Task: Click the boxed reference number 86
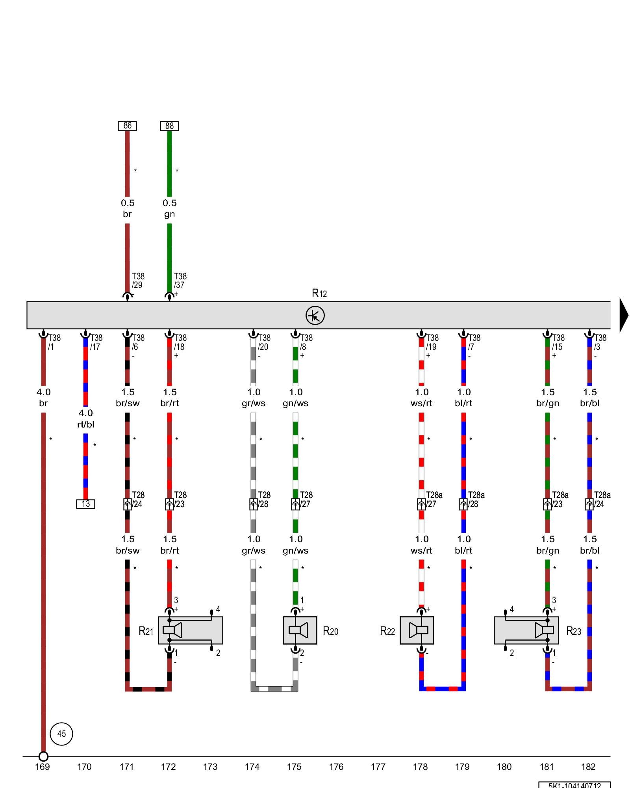(127, 126)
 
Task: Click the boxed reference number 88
(169, 126)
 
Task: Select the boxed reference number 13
(85, 504)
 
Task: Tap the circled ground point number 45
(61, 734)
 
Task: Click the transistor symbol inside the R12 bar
(315, 315)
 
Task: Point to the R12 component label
(319, 294)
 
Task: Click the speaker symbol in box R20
(300, 630)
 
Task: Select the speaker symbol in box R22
(417, 630)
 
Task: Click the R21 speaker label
(146, 631)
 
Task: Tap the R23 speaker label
(574, 631)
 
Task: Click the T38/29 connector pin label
(138, 281)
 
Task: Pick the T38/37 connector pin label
(180, 281)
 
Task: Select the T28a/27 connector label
(434, 499)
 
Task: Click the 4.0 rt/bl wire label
(86, 418)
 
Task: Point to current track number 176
(336, 767)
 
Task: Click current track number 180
(504, 767)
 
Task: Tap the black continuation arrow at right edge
(624, 315)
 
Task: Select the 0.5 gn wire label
(170, 208)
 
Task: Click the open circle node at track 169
(43, 756)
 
